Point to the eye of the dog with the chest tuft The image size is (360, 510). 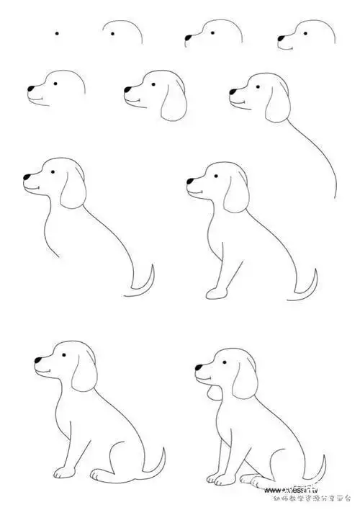[x=221, y=364]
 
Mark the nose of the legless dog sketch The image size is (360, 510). [x=26, y=176]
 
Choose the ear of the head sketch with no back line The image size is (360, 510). [x=172, y=102]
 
